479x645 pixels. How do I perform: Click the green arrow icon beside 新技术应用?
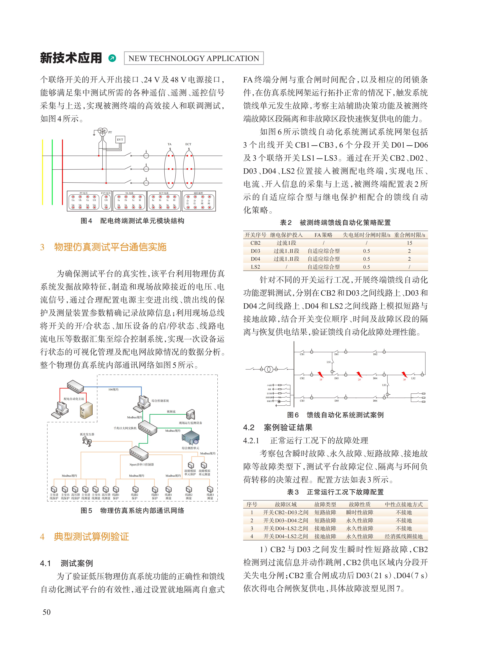[x=112, y=58]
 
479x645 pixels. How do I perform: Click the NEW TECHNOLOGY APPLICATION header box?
[x=194, y=58]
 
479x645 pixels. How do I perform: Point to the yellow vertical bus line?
[x=43, y=172]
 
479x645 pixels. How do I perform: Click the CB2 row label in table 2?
[x=255, y=243]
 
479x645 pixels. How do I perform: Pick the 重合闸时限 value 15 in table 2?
[x=409, y=243]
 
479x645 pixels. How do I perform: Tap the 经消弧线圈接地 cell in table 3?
[x=404, y=536]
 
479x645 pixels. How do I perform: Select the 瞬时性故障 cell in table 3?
[x=360, y=512]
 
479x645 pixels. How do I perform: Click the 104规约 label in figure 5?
[x=113, y=389]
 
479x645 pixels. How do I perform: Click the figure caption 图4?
[x=86, y=221]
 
